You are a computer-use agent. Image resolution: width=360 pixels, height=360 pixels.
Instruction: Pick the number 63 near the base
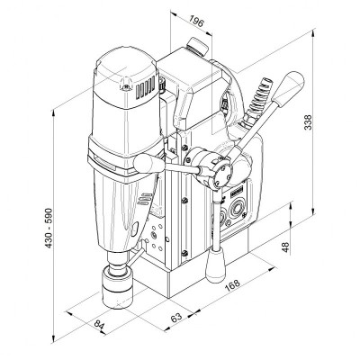click(176, 317)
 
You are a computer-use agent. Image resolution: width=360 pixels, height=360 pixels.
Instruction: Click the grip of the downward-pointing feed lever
click(216, 263)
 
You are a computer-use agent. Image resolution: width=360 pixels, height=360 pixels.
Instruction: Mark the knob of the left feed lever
click(140, 161)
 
